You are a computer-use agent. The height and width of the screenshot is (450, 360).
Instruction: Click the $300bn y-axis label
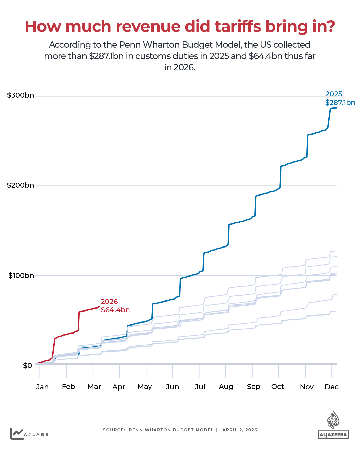click(20, 95)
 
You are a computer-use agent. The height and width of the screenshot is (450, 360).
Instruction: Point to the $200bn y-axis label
click(20, 185)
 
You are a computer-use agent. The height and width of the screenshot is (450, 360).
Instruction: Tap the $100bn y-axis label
click(21, 276)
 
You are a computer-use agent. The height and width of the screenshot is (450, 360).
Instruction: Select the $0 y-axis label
click(27, 366)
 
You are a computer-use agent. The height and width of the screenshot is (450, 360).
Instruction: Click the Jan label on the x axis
click(42, 387)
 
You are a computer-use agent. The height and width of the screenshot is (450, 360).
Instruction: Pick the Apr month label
click(119, 387)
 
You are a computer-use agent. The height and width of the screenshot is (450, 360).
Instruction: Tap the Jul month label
click(200, 387)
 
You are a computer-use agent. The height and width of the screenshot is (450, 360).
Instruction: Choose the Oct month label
click(278, 387)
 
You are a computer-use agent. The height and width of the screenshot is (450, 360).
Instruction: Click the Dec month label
click(332, 387)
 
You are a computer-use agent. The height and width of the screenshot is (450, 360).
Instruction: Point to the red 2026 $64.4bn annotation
click(115, 306)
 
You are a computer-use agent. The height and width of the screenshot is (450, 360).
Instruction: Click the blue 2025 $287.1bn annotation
click(340, 98)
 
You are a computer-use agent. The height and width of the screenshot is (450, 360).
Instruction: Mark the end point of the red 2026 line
click(99, 307)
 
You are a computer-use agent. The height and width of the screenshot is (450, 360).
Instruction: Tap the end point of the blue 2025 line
click(336, 107)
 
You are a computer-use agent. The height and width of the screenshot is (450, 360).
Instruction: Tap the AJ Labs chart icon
click(17, 434)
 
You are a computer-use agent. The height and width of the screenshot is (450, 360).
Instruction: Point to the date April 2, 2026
click(240, 430)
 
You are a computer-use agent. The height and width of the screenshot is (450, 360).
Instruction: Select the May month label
click(145, 387)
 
